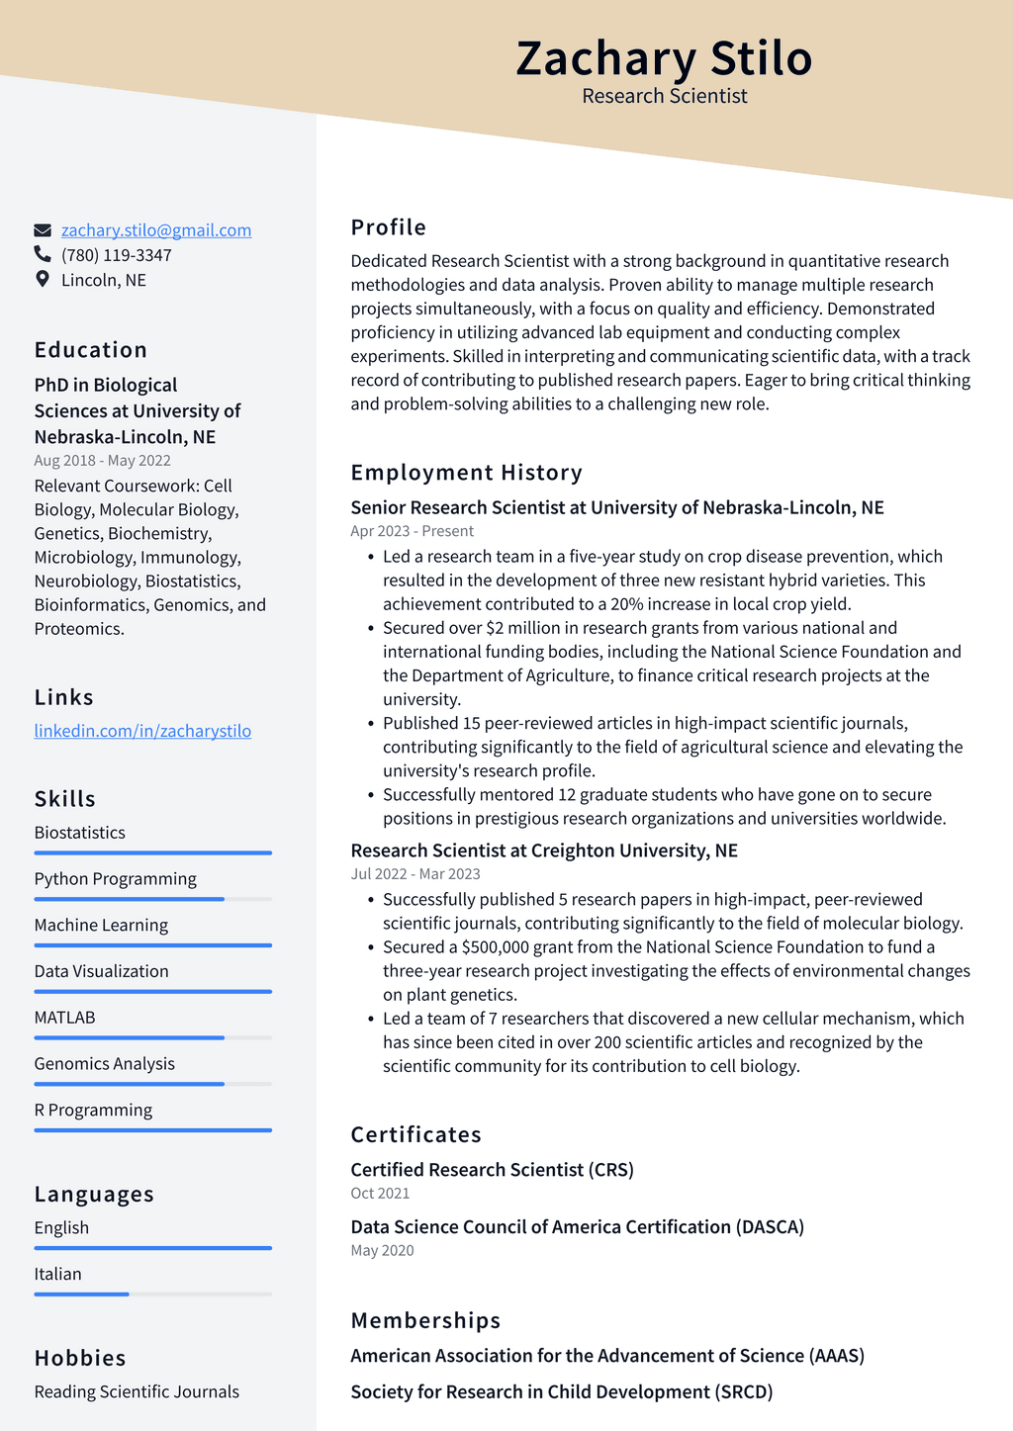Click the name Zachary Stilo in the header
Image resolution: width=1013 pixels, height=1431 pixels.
point(664,58)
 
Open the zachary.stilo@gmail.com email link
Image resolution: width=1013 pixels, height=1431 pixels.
point(156,230)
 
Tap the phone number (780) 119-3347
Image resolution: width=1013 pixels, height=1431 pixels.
point(117,255)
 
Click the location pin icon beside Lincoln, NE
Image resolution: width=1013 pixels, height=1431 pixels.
point(43,280)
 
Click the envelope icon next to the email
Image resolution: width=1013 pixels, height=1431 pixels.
point(43,230)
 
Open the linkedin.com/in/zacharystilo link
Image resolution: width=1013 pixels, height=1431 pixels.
point(142,731)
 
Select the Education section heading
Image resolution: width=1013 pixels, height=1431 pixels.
point(91,350)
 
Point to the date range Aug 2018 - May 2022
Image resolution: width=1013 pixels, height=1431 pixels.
point(102,461)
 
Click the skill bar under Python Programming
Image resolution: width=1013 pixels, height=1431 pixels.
point(152,899)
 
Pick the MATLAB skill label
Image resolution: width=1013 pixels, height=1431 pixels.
point(64,1018)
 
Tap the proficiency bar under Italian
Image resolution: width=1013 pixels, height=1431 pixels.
point(152,1294)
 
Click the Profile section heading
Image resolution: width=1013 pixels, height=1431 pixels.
point(389,227)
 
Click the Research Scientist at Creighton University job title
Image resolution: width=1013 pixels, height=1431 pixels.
point(544,850)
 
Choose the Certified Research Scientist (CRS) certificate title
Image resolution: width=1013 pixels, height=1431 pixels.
point(492,1170)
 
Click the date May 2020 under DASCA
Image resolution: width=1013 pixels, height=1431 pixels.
point(382,1251)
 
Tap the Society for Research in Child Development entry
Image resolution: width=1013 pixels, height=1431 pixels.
point(561,1392)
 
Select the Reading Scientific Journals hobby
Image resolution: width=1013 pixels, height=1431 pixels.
point(137,1392)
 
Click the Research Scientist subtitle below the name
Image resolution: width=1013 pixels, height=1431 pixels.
point(664,96)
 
